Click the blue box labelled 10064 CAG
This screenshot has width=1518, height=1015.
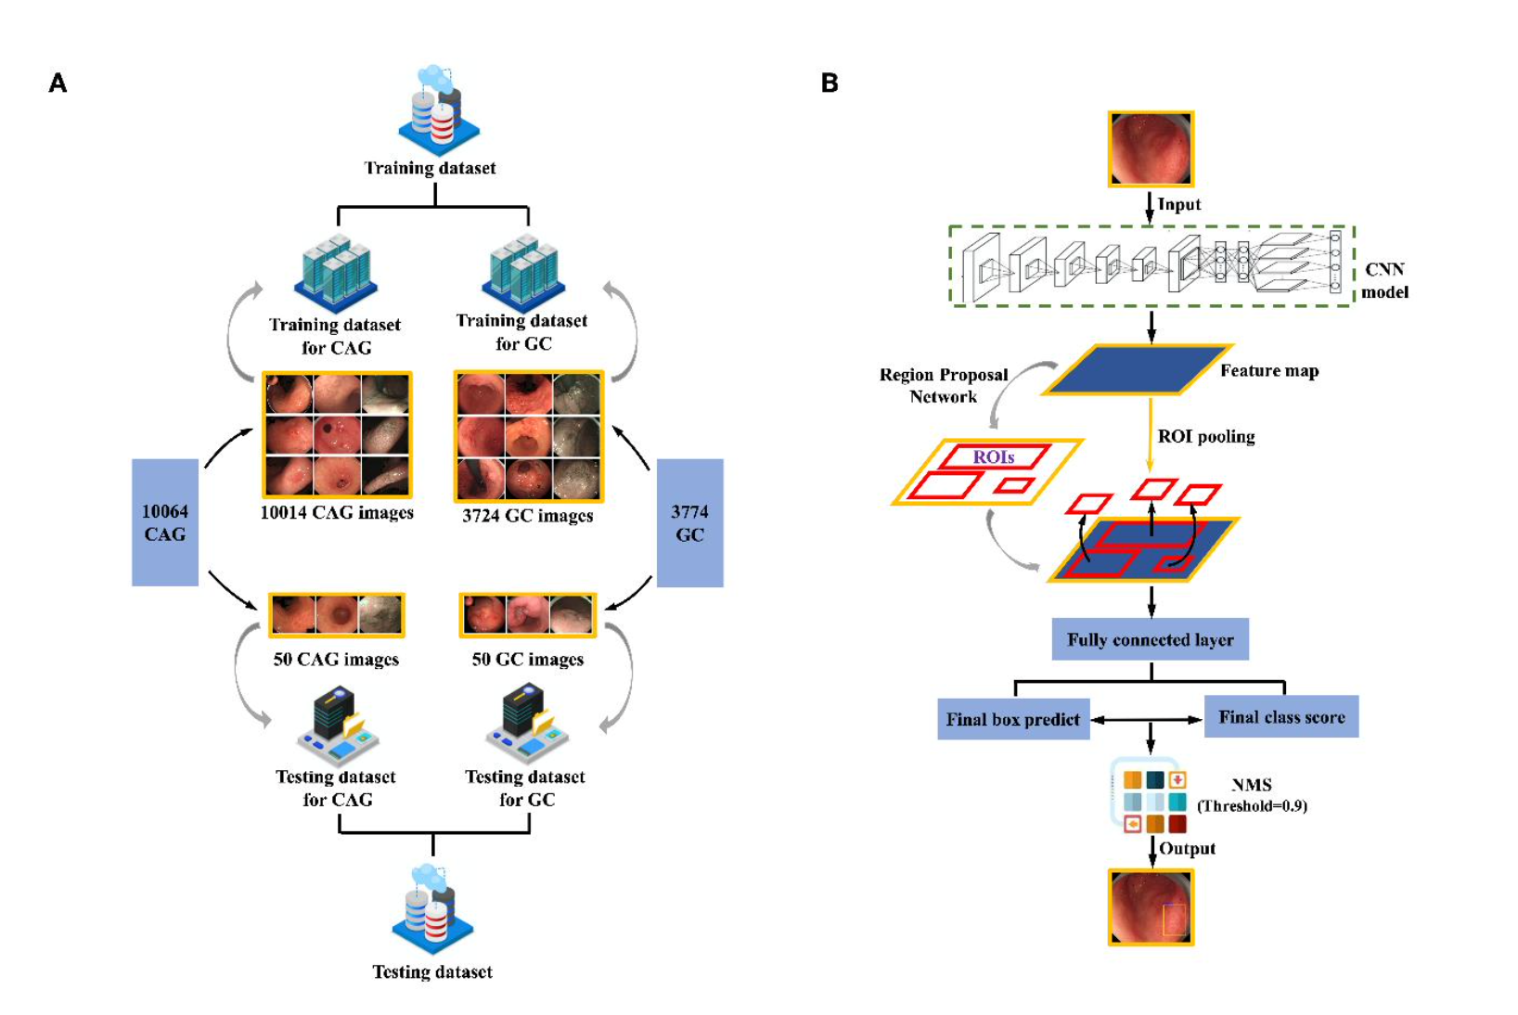tap(164, 522)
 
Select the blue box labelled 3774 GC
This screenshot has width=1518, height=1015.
tap(689, 522)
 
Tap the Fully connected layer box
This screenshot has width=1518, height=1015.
tap(1150, 639)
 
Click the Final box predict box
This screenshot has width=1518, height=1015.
tap(1012, 719)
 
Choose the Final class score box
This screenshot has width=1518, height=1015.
tap(1280, 716)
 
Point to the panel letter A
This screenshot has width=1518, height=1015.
tap(58, 84)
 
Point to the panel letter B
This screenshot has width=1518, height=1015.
tap(830, 84)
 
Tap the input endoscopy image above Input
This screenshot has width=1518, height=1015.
tap(1151, 149)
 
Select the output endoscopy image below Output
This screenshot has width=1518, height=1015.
tap(1151, 906)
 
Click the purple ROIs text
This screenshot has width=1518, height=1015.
tap(993, 457)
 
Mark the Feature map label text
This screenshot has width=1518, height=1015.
tap(1268, 371)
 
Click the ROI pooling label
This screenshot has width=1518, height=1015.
tap(1205, 437)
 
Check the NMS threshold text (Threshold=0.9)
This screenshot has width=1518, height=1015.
tap(1252, 806)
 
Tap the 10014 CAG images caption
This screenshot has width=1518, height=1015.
tap(337, 512)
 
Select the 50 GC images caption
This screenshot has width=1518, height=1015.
tap(527, 660)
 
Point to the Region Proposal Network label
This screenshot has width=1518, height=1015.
tap(943, 385)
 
